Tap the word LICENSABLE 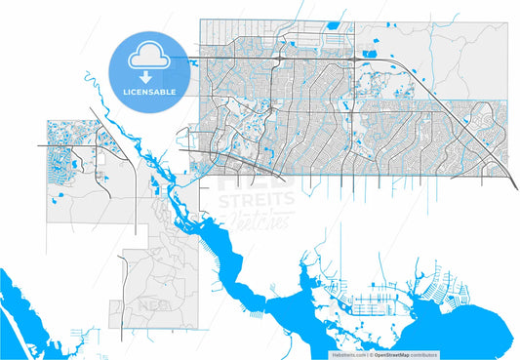(149, 91)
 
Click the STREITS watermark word (257, 199)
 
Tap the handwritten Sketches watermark (256, 219)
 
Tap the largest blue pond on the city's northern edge (331, 25)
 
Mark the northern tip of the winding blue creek (87, 71)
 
